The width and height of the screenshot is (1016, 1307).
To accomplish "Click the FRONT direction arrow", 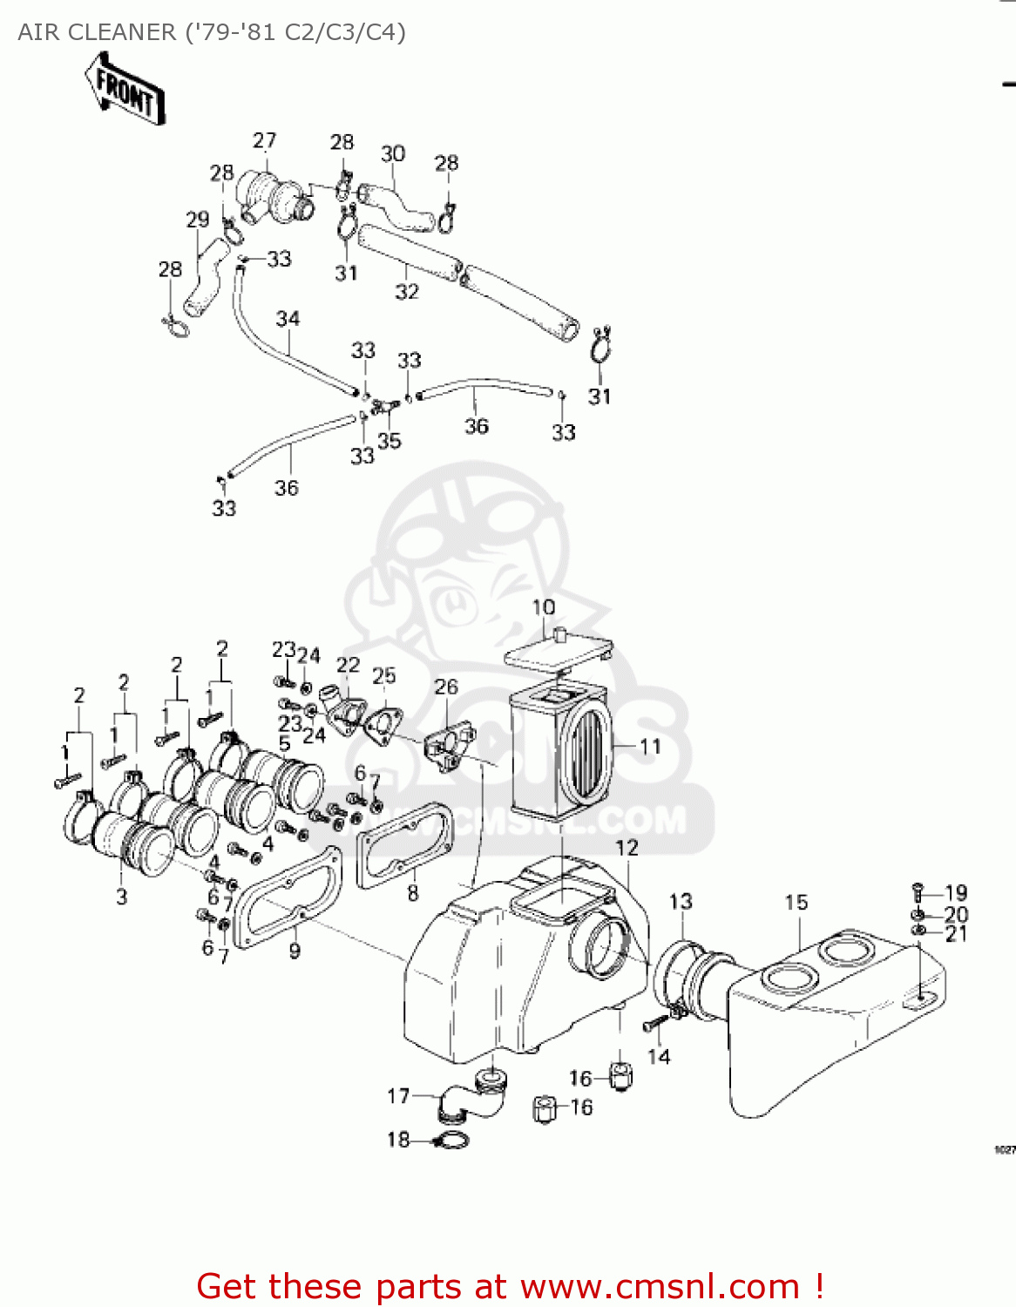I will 125,90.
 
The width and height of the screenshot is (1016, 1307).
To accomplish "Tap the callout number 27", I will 264,140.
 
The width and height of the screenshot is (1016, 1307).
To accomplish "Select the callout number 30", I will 393,153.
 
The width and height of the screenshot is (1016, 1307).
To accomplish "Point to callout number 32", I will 407,291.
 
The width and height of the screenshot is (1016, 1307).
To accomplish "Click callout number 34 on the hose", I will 288,319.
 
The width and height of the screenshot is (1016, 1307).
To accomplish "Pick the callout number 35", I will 389,441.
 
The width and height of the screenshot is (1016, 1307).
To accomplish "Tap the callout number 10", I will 543,607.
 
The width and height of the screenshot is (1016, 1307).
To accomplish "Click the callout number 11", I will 650,747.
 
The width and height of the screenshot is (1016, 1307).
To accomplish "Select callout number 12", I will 627,848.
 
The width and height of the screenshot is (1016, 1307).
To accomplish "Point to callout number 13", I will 681,901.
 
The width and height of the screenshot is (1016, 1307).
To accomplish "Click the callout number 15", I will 796,902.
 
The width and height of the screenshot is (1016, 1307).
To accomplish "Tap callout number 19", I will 956,893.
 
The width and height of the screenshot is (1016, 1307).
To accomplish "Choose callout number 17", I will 398,1096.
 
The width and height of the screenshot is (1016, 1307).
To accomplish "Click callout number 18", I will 398,1140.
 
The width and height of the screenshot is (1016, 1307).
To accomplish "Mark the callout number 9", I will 295,951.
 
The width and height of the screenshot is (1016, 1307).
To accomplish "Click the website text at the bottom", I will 510,1286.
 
